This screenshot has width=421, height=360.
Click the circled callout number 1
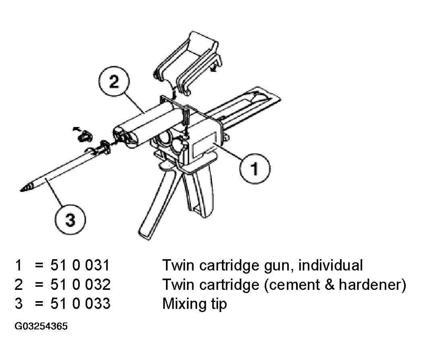255,169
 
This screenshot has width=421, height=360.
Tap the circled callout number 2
114,81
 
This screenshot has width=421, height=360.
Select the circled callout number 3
71,220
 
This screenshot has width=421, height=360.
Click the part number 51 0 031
80,265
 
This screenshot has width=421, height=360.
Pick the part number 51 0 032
80,285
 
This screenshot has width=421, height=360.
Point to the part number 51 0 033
80,304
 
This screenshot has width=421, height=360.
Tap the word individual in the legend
330,265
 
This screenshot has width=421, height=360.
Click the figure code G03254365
41,326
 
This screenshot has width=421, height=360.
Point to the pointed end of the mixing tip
21,190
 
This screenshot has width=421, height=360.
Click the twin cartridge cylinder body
145,124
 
